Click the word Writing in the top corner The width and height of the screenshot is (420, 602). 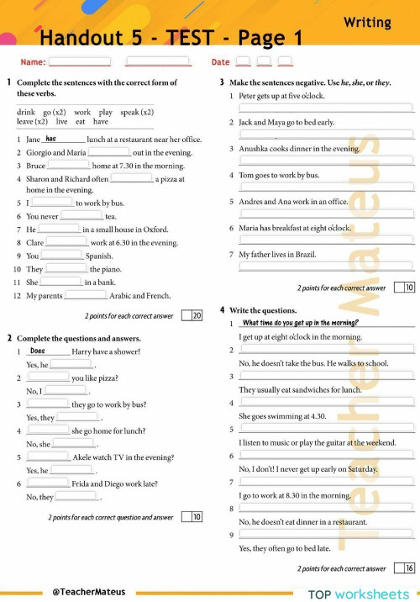367,23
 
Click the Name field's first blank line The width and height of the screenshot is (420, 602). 80,61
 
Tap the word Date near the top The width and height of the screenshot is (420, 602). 220,62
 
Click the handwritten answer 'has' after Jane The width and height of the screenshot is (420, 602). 51,139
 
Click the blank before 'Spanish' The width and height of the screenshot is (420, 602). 61,256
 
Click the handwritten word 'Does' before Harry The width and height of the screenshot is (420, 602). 38,351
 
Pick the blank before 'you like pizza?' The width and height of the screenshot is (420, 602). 50,378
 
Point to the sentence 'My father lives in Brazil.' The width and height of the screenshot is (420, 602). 277,254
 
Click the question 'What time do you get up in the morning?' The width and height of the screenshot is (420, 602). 300,323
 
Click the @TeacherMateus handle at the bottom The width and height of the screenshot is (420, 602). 89,591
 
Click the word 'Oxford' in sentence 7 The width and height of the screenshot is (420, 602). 155,229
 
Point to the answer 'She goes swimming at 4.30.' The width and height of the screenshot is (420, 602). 283,415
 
